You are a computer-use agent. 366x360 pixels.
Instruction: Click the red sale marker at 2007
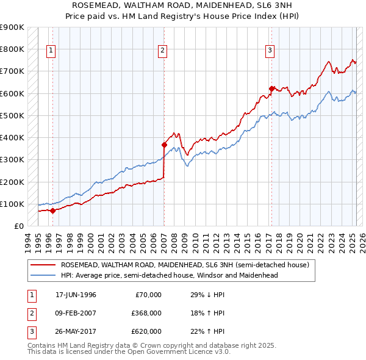[x=164, y=145]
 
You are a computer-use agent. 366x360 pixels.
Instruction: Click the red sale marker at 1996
[x=52, y=211]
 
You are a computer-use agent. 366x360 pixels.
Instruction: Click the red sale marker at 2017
[x=271, y=88]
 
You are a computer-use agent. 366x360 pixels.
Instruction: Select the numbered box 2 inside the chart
[x=162, y=51]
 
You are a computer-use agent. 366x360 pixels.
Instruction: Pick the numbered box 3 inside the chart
[x=270, y=51]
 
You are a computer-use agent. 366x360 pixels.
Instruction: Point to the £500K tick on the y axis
[x=12, y=115]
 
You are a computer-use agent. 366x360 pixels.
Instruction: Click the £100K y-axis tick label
[x=12, y=204]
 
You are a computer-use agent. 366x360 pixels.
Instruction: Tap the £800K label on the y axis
[x=12, y=49]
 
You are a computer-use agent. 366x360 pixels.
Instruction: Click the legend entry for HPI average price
[x=169, y=275]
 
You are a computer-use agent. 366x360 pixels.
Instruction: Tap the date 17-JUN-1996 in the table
[x=76, y=295]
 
